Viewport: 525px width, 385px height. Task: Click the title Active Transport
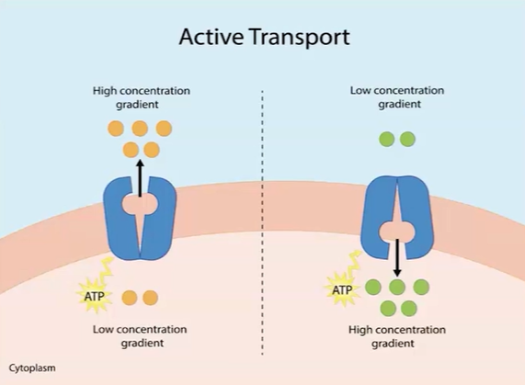coord(264,39)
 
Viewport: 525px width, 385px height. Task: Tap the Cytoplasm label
coord(32,368)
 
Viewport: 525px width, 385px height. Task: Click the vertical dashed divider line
coord(263,230)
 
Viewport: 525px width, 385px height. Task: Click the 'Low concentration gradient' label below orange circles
coord(140,335)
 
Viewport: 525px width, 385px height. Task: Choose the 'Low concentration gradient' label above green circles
coord(396,97)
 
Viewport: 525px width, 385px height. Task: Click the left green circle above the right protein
coord(386,139)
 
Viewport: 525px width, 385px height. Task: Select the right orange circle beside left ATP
coord(150,297)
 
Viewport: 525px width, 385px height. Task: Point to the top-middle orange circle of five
coord(140,129)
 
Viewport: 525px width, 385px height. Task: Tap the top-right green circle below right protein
coord(420,287)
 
